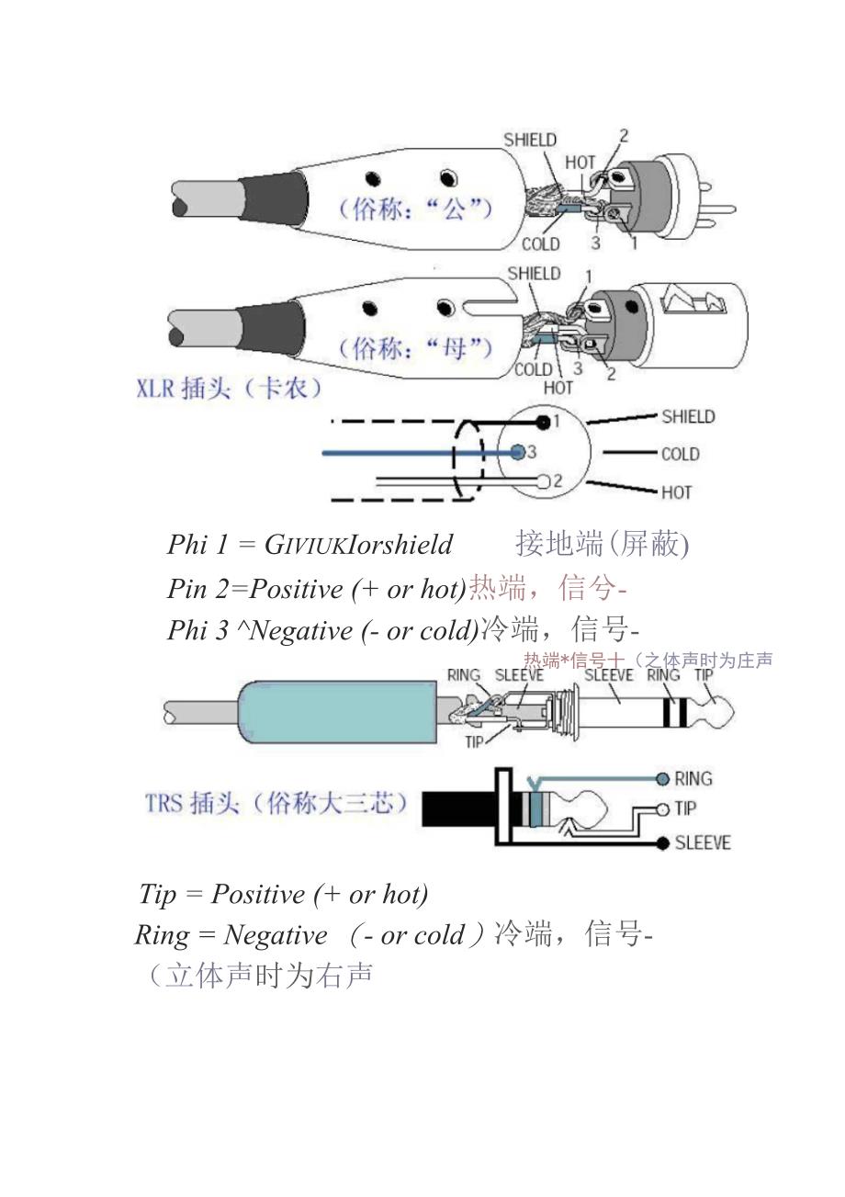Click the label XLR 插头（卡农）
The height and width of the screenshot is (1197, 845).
229,389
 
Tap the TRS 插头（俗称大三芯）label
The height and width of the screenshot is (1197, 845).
276,804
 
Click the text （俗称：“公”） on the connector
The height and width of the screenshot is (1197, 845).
416,209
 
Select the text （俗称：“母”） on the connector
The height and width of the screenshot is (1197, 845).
416,348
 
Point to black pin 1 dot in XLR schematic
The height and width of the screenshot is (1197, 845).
544,422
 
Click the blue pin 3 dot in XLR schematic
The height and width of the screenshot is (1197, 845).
518,452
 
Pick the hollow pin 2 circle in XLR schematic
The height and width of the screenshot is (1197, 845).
543,481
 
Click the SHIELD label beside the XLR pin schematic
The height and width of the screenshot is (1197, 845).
688,417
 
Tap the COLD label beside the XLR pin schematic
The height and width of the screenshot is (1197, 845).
680,454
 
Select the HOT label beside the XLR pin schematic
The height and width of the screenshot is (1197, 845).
676,492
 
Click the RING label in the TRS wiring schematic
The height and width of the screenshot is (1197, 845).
693,779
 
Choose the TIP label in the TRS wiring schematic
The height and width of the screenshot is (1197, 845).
685,808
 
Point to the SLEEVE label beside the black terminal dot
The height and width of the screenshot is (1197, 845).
703,842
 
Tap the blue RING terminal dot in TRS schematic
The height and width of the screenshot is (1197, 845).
662,780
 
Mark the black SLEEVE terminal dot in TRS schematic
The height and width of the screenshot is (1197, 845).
662,842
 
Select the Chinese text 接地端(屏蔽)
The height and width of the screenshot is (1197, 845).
602,544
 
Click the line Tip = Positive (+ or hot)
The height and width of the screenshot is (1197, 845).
283,894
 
